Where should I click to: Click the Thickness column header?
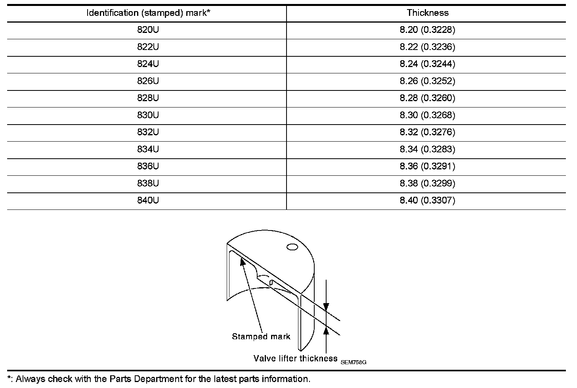coord(427,13)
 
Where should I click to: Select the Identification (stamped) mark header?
coord(148,13)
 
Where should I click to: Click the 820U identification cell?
coord(148,30)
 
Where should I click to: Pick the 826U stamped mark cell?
coord(148,81)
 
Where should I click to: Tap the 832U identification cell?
coord(148,132)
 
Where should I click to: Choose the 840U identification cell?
coord(148,200)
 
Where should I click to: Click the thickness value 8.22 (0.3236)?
coord(427,47)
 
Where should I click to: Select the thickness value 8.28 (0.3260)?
coord(427,98)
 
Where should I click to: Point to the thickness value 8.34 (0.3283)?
coord(427,149)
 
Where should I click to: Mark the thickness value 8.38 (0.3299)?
coord(427,183)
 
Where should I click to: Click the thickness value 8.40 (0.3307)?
coord(427,200)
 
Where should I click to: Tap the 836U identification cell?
coord(148,166)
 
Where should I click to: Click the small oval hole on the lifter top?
coord(292,247)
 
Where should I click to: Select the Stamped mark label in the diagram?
coord(261,337)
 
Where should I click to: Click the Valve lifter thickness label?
coord(295,359)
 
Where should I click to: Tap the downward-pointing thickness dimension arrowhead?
coord(326,307)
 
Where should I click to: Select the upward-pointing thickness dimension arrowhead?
coord(326,330)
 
